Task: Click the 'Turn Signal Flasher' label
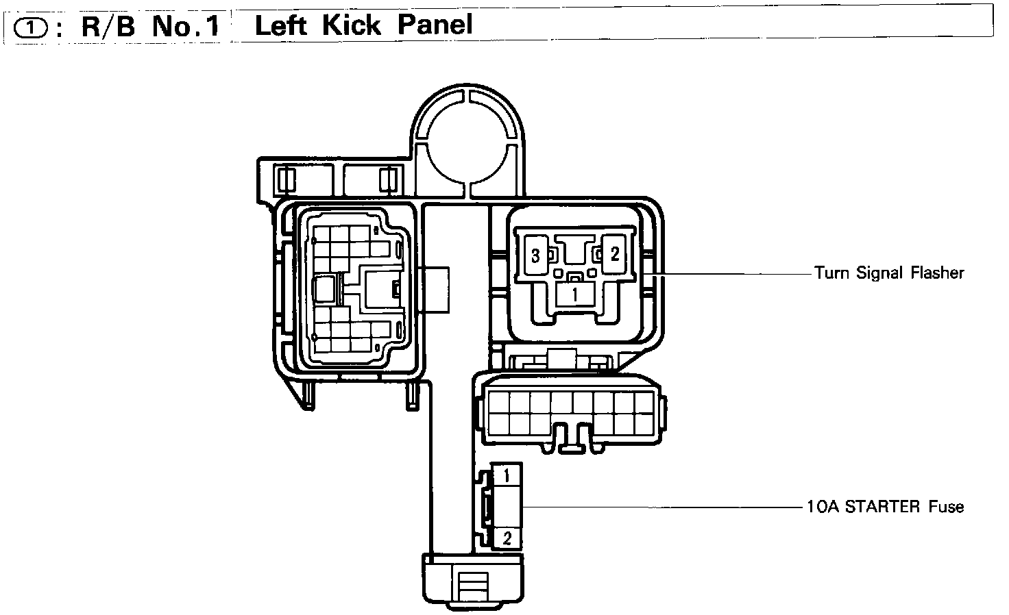tap(889, 273)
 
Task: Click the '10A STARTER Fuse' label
tap(885, 507)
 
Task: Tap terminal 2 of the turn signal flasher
tap(614, 255)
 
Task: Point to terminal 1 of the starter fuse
tap(507, 475)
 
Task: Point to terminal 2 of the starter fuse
tap(507, 538)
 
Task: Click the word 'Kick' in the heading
tap(352, 25)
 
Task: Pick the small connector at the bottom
tap(472, 582)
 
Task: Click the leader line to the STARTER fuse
tap(658, 507)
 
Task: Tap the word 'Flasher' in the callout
tap(937, 273)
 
